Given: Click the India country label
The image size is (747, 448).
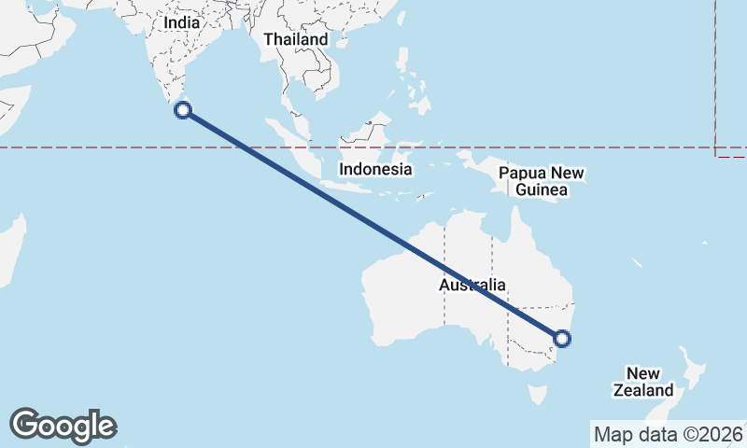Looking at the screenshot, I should click(x=182, y=21).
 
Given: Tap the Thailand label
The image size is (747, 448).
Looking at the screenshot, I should click(x=296, y=39).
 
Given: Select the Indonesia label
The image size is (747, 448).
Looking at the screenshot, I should click(x=375, y=169).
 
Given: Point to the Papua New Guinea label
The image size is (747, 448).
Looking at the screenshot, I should click(x=542, y=182).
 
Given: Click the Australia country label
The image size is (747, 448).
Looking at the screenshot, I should click(x=472, y=285).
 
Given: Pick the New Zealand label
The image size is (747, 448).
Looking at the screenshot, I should click(x=643, y=382).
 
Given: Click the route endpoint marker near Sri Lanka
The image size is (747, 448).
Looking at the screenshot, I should click(x=184, y=110).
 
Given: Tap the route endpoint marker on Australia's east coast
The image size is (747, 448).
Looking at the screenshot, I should click(x=562, y=339).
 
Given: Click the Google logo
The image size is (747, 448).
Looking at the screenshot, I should click(x=63, y=426).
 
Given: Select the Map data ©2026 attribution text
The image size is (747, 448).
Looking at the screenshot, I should click(x=668, y=434).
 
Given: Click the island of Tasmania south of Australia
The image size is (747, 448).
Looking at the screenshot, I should click(x=539, y=393).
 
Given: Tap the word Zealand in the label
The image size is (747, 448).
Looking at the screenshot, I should click(x=643, y=390).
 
